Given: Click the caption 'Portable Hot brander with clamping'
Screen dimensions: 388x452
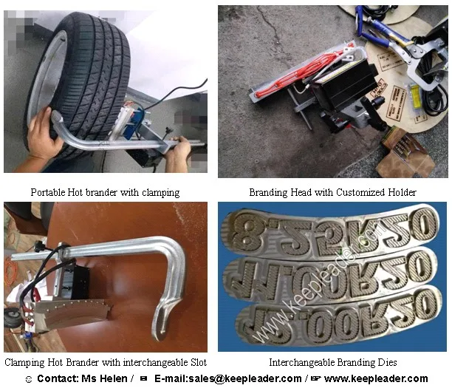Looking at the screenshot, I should (105, 192).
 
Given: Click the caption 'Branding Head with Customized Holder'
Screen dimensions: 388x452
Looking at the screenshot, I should (332, 192).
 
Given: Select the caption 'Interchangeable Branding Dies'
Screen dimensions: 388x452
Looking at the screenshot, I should (332, 362).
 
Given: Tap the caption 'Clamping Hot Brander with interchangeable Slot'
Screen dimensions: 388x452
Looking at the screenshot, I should (106, 362).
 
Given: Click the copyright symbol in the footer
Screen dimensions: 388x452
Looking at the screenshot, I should (28, 379).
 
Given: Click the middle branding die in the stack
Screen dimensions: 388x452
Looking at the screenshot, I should (332, 273).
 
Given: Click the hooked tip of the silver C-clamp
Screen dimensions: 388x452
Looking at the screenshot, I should (159, 325).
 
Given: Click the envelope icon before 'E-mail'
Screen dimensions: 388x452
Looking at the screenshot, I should (143, 378).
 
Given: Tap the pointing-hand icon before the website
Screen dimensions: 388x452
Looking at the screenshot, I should (315, 378).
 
